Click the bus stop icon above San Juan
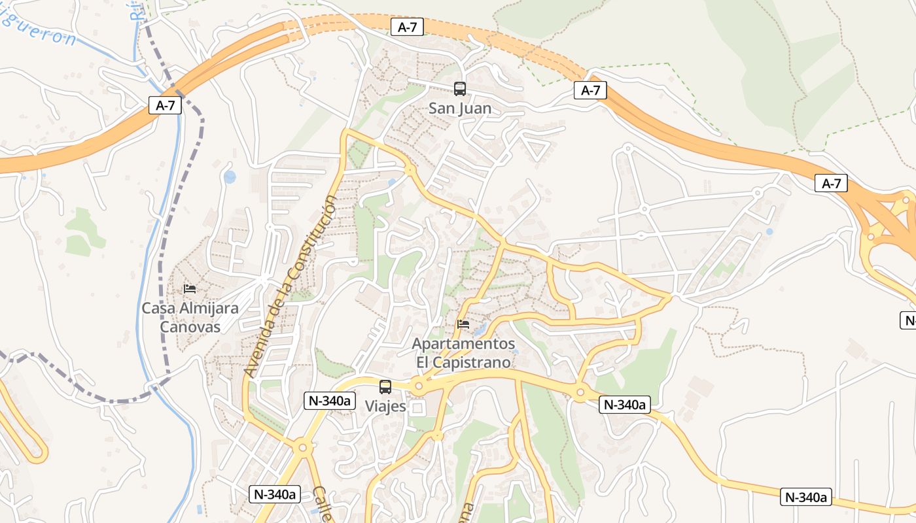coord(460,89)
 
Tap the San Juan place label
coord(460,108)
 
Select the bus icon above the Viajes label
coord(385,386)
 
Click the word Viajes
coord(385,406)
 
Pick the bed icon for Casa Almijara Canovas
coord(190,288)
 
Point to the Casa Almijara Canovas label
coord(190,317)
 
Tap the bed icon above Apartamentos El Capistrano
coord(463,324)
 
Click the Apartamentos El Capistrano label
coord(463,352)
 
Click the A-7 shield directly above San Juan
coord(408,27)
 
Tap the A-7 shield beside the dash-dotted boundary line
coord(165,105)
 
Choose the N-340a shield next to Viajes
coord(329,401)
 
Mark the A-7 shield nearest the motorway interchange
coord(831,184)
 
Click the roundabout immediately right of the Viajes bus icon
coord(419,386)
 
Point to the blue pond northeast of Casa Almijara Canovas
coord(230,177)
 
